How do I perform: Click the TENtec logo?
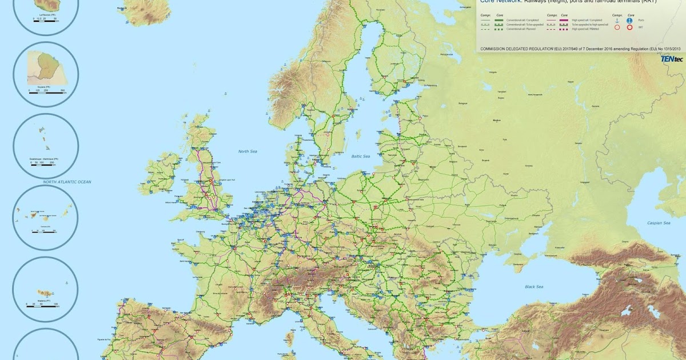[x=672, y=58]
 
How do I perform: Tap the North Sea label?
[x=248, y=151]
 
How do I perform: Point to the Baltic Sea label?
[x=361, y=156]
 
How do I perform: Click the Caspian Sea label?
[x=658, y=223]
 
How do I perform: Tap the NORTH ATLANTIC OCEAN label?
[x=67, y=182]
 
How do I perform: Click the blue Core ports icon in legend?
[x=629, y=21]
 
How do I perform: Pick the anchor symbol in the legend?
[x=617, y=21]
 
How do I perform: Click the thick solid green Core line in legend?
[x=499, y=21]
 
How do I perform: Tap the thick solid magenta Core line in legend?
[x=564, y=21]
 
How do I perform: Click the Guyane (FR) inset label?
[x=45, y=87]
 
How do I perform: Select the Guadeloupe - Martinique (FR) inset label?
[x=46, y=159]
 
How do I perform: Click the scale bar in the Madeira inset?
[x=41, y=306]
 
